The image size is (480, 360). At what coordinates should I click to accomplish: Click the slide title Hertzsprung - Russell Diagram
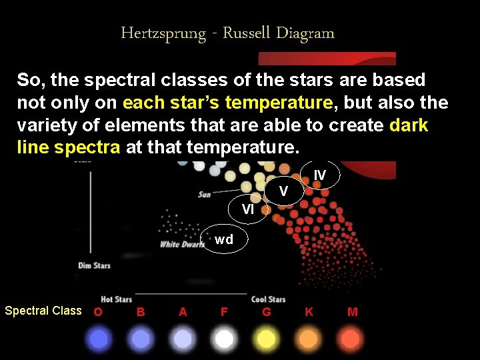pyautogui.click(x=227, y=33)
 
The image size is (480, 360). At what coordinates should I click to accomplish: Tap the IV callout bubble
pyautogui.click(x=320, y=175)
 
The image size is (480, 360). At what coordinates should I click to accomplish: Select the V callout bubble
pyautogui.click(x=283, y=192)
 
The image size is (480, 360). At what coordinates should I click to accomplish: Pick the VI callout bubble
pyautogui.click(x=247, y=209)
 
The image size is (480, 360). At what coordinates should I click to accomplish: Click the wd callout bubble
pyautogui.click(x=224, y=240)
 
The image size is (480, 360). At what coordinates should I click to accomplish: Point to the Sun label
pyautogui.click(x=204, y=195)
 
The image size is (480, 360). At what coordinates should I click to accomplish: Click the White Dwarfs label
pyautogui.click(x=182, y=245)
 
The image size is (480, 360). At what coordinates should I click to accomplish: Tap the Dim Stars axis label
pyautogui.click(x=94, y=266)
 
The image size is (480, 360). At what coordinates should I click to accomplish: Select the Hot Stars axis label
pyautogui.click(x=116, y=299)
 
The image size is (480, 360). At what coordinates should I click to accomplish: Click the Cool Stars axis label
pyautogui.click(x=268, y=299)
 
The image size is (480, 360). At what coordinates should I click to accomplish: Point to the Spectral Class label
pyautogui.click(x=43, y=311)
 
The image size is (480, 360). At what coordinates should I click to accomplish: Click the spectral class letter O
pyautogui.click(x=98, y=311)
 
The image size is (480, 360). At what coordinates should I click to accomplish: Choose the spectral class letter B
pyautogui.click(x=141, y=311)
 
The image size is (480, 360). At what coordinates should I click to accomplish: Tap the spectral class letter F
pyautogui.click(x=224, y=311)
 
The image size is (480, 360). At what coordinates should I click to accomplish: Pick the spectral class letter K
pyautogui.click(x=309, y=311)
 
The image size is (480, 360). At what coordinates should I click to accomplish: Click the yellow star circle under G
pyautogui.click(x=266, y=339)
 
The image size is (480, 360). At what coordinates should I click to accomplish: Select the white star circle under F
pyautogui.click(x=224, y=339)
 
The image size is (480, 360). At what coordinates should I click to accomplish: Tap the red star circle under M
pyautogui.click(x=351, y=339)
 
